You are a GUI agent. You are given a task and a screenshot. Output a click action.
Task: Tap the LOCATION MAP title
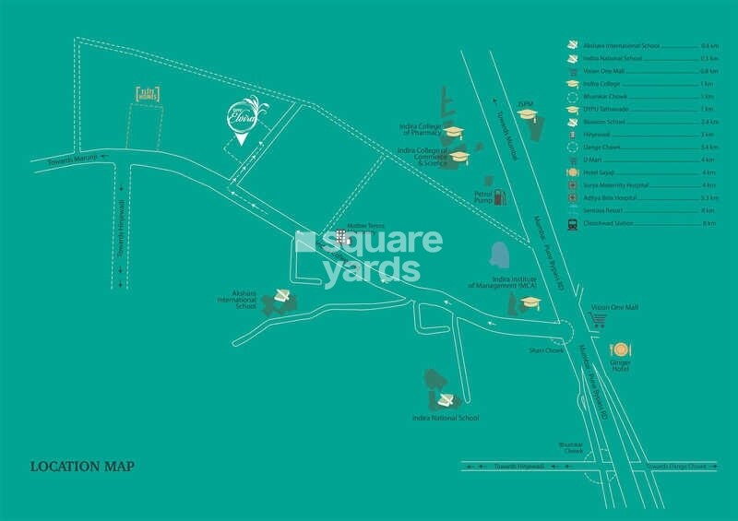tap(82, 466)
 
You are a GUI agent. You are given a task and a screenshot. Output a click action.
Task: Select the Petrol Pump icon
tap(500, 196)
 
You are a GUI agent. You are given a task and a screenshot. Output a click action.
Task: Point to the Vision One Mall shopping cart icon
tap(598, 320)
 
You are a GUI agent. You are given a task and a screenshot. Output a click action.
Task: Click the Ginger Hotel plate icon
tap(619, 350)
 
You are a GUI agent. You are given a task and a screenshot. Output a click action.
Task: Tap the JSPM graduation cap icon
tap(527, 114)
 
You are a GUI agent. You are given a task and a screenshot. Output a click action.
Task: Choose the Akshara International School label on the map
tap(236, 300)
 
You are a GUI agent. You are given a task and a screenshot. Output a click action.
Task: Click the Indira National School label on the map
tap(446, 418)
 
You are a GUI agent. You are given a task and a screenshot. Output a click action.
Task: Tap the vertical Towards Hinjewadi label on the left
tap(120, 220)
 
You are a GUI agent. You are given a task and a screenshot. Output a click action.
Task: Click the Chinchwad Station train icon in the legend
tap(573, 224)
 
